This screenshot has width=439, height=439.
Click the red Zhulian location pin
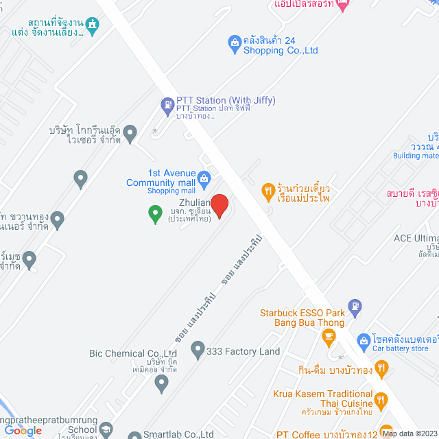tap(219, 205)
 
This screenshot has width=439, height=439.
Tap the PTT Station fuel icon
tap(167, 106)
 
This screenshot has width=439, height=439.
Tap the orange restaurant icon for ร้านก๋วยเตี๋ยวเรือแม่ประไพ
tap(268, 192)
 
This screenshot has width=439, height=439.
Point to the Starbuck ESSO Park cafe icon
tap(329, 336)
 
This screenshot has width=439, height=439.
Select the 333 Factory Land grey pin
tap(198, 351)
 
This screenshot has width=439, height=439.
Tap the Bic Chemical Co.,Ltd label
tap(133, 354)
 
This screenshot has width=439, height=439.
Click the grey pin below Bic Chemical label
tap(162, 383)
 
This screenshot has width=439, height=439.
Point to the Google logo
tap(22, 430)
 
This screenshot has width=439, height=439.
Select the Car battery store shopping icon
tap(364, 340)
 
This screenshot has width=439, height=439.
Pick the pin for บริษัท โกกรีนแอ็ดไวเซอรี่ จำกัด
tap(131, 130)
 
